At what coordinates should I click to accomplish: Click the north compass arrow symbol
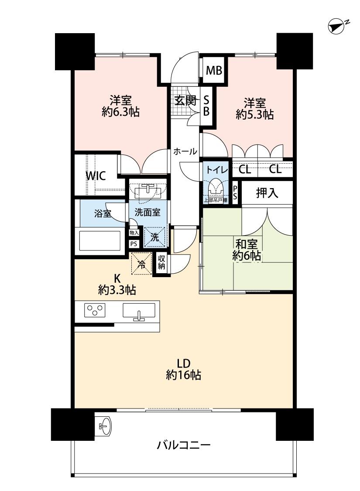pyautogui.click(x=336, y=27)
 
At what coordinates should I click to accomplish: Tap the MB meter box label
pyautogui.click(x=214, y=71)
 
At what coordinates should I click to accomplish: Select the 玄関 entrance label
pyautogui.click(x=185, y=100)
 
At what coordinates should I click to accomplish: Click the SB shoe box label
pyautogui.click(x=206, y=106)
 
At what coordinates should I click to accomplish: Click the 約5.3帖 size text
pyautogui.click(x=255, y=115)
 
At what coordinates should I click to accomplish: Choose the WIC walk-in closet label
pyautogui.click(x=95, y=176)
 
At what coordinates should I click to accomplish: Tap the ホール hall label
pyautogui.click(x=185, y=151)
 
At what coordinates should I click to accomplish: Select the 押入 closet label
pyautogui.click(x=267, y=192)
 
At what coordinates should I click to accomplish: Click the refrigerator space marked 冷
pyautogui.click(x=141, y=263)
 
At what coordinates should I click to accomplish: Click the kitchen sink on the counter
pyautogui.click(x=139, y=312)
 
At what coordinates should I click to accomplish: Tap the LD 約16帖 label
pyautogui.click(x=183, y=368)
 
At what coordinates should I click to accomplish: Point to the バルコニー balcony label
pyautogui.click(x=184, y=446)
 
